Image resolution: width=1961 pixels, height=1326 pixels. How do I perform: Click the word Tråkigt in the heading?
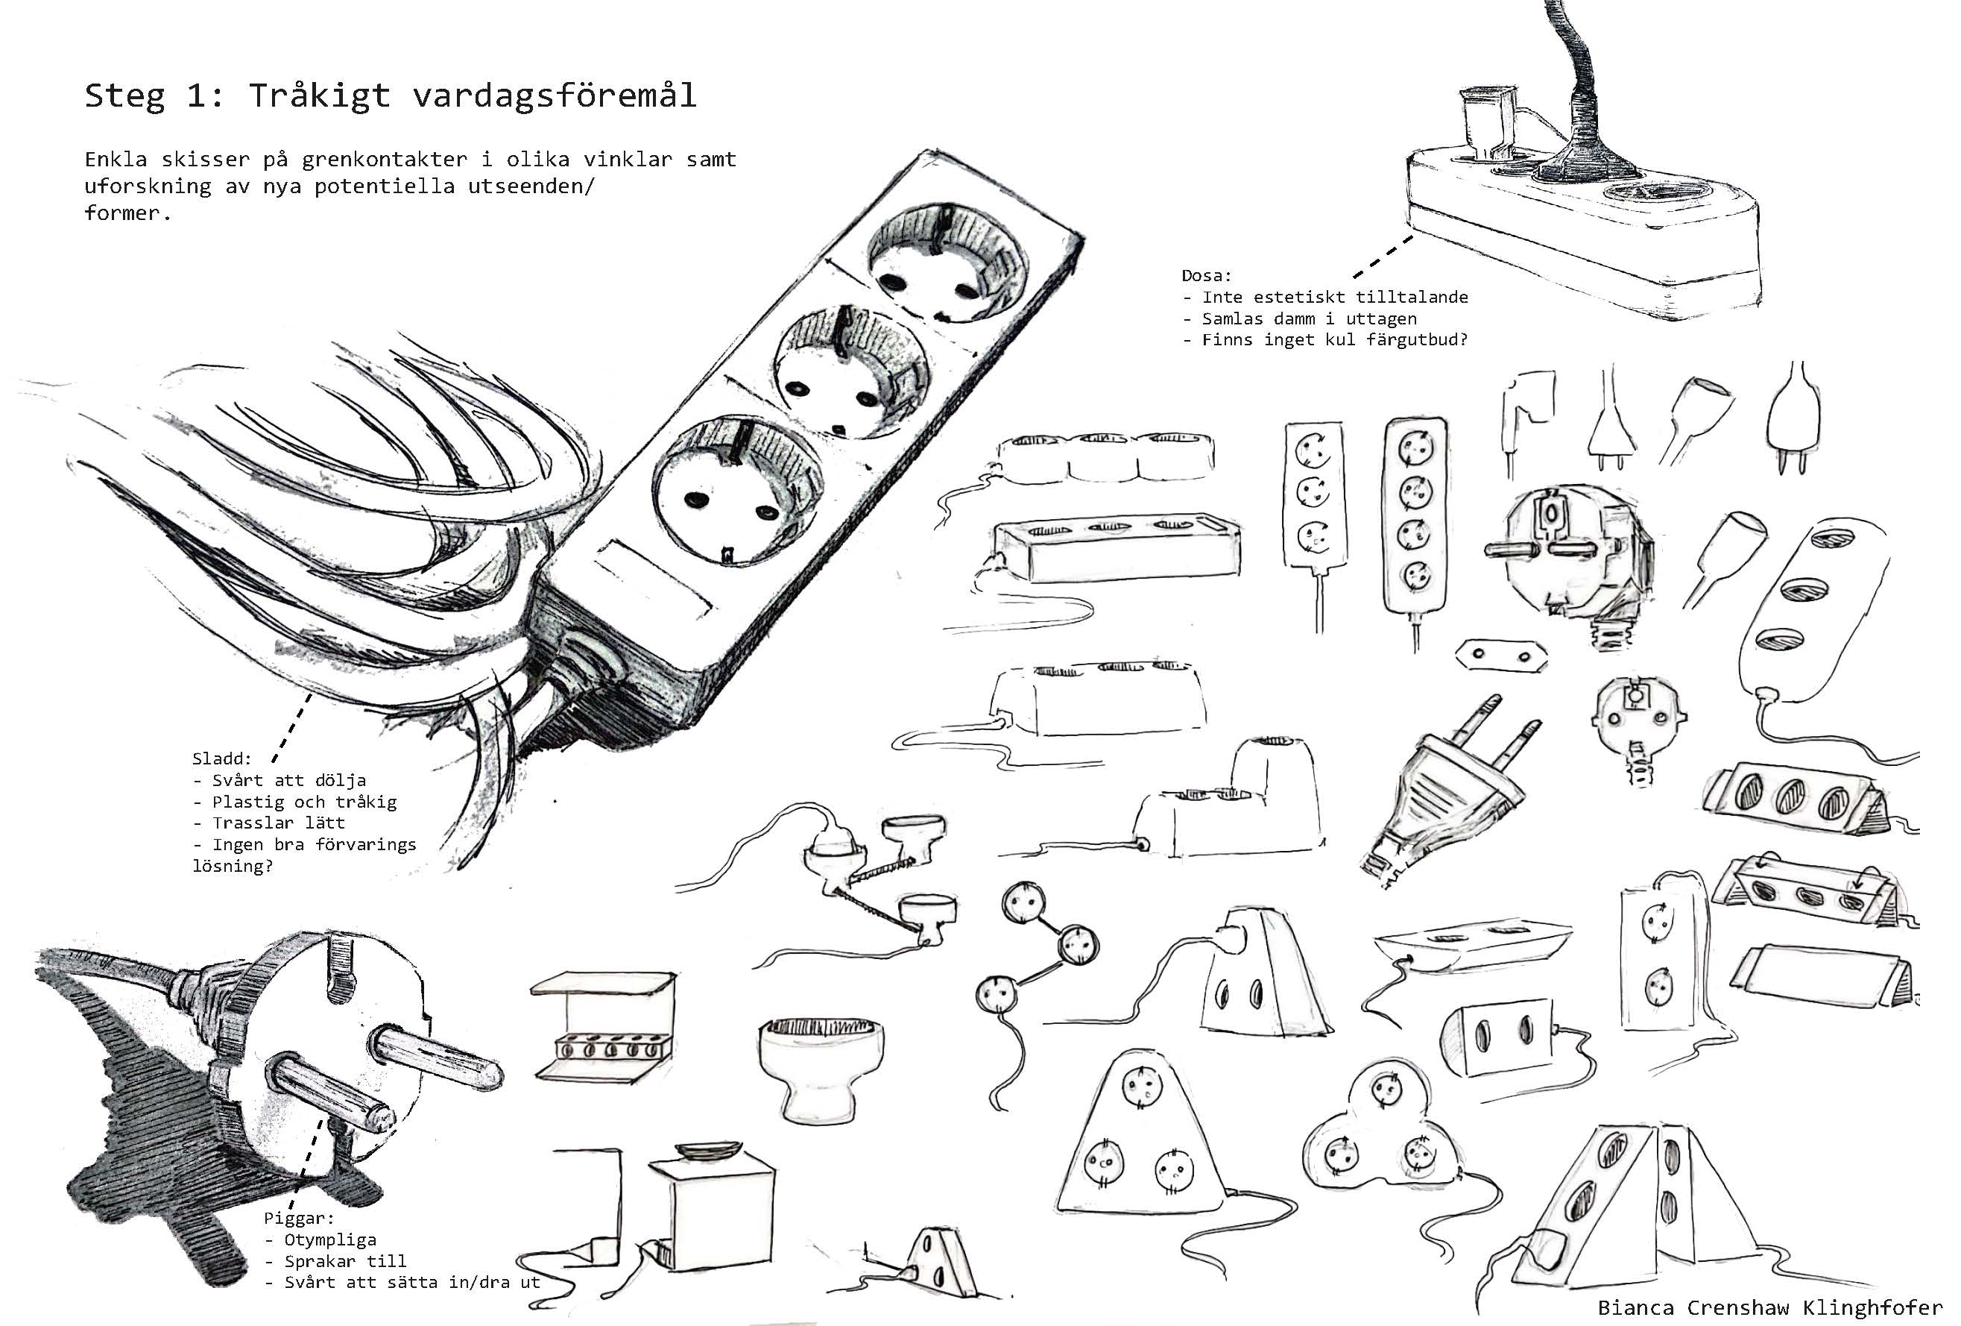pos(319,95)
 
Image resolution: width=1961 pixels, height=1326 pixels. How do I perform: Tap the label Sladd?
pos(222,758)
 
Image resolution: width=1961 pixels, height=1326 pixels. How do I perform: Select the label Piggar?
pos(299,1219)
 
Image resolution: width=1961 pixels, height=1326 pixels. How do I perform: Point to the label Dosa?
pos(1207,275)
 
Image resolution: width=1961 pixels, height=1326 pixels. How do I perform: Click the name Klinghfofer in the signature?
pos(1872,1307)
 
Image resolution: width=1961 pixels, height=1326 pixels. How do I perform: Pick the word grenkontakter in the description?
pos(384,160)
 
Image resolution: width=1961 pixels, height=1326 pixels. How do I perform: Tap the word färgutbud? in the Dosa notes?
pos(1418,340)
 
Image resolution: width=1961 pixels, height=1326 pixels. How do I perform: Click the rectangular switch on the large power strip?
pos(653,575)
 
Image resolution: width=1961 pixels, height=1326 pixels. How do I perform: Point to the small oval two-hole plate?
pos(1501,654)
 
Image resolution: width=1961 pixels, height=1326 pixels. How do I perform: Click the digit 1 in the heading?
pos(197,95)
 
